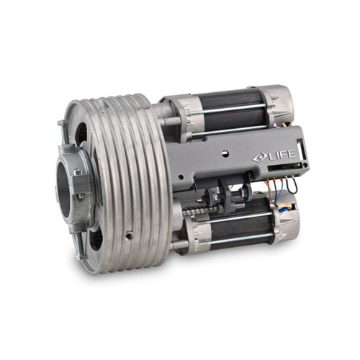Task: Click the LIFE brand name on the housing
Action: [282, 155]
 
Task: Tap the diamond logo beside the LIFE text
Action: [259, 158]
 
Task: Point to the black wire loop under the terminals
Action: [292, 186]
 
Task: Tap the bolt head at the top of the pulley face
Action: [63, 123]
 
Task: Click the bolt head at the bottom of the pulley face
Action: [81, 257]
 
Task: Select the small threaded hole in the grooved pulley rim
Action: [130, 235]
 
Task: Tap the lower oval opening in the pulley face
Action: [96, 239]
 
